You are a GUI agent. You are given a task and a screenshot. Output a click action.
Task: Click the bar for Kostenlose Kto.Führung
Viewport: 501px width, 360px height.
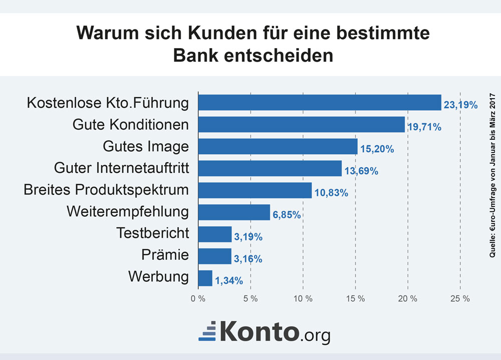click(x=320, y=103)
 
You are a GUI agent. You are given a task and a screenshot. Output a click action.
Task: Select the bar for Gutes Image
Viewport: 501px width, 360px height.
click(x=278, y=146)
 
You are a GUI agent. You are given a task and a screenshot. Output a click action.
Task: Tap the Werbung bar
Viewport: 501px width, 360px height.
click(x=205, y=278)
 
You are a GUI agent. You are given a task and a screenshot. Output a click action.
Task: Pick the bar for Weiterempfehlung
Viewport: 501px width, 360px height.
click(x=234, y=212)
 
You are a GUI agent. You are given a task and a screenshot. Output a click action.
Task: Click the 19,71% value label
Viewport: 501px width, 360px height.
click(x=424, y=127)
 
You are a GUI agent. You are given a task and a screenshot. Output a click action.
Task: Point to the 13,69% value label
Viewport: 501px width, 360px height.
click(x=361, y=171)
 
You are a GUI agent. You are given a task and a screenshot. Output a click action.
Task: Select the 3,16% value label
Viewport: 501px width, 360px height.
click(x=248, y=259)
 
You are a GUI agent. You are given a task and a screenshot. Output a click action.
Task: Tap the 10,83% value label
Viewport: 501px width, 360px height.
click(x=331, y=193)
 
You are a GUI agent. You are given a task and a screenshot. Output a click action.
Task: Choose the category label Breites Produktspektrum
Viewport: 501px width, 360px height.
click(x=107, y=190)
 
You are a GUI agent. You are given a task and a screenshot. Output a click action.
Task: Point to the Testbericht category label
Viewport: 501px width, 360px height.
click(x=153, y=233)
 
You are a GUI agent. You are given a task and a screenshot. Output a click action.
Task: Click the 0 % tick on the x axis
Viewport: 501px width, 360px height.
click(x=198, y=299)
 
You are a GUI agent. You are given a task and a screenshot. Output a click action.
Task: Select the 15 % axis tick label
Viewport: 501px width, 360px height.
click(x=355, y=299)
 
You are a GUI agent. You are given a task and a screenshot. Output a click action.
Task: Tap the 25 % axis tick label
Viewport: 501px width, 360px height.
click(x=460, y=299)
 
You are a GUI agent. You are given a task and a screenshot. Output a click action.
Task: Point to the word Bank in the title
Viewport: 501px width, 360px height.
click(x=196, y=55)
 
